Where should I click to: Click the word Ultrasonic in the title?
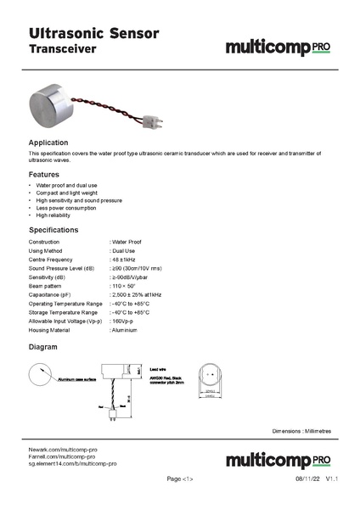pyautogui.click(x=61, y=33)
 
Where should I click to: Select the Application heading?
pyautogui.click(x=48, y=142)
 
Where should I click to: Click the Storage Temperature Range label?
pyautogui.click(x=65, y=312)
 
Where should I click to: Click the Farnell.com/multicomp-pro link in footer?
pyautogui.click(x=69, y=456)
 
